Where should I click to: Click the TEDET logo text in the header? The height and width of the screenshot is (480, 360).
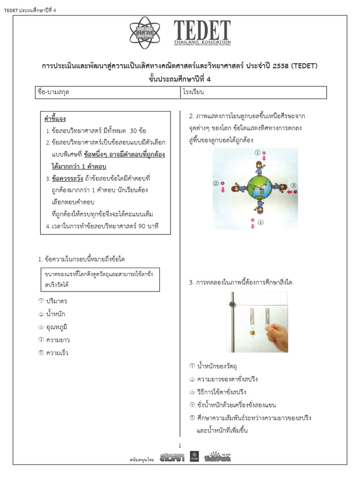pyautogui.click(x=206, y=31)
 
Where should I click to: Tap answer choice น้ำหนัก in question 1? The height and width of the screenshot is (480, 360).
pyautogui.click(x=55, y=314)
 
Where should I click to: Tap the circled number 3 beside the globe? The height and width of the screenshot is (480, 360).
pyautogui.click(x=293, y=185)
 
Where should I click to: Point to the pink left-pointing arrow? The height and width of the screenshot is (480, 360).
pyautogui.click(x=291, y=191)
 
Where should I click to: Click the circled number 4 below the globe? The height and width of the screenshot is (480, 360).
pyautogui.click(x=260, y=222)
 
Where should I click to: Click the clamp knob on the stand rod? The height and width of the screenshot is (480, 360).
pyautogui.click(x=231, y=305)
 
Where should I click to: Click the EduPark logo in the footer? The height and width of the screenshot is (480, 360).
pyautogui.click(x=217, y=457)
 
